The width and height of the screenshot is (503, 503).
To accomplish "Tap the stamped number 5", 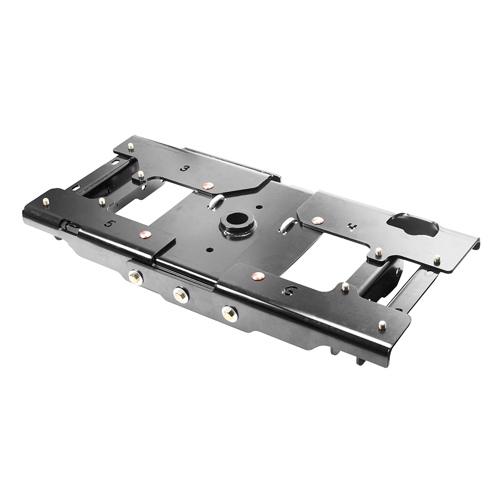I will pyautogui.click(x=108, y=223).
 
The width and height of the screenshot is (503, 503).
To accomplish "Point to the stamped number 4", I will pyautogui.click(x=353, y=227).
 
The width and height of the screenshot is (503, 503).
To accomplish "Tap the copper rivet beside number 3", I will pyautogui.click(x=207, y=186).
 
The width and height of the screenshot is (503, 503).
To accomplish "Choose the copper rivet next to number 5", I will pyautogui.click(x=145, y=234).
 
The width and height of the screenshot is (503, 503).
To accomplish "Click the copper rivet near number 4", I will pyautogui.click(x=317, y=220).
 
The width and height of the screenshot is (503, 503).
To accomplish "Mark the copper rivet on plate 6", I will pyautogui.click(x=258, y=276).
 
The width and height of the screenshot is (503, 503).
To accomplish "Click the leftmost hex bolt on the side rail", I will pyautogui.click(x=135, y=277).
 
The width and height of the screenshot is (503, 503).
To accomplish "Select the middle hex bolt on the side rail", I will pyautogui.click(x=181, y=295).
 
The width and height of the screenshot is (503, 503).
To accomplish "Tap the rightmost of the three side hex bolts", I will pyautogui.click(x=229, y=314).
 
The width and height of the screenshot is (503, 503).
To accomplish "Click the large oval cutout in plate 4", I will pyautogui.click(x=413, y=225).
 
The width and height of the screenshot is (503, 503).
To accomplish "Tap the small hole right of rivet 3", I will pyautogui.click(x=258, y=207).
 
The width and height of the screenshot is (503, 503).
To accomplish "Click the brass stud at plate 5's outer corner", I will pyautogui.click(x=46, y=201).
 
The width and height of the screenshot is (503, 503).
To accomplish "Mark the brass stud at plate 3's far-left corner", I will pyautogui.click(x=131, y=146).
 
